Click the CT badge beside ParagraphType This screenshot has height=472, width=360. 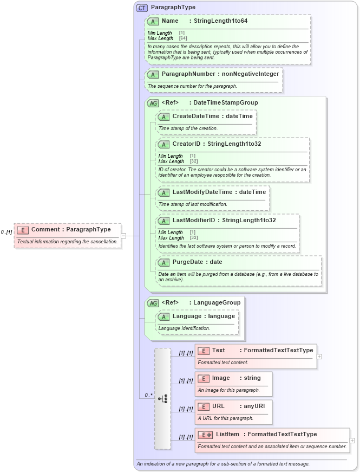(x=142, y=8)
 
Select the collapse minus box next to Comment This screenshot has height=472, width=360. (x=123, y=236)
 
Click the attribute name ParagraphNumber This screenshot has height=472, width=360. (x=188, y=74)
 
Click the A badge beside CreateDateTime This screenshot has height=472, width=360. (x=163, y=117)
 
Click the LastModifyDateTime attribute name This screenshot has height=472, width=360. (x=202, y=192)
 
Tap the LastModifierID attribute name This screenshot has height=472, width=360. (x=194, y=221)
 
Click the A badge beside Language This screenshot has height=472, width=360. (x=163, y=316)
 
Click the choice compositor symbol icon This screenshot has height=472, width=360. (x=162, y=398)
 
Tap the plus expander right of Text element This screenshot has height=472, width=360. (x=319, y=357)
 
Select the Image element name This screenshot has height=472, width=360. (x=221, y=378)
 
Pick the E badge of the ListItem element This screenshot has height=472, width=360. (x=205, y=435)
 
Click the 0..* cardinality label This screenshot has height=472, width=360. (x=147, y=395)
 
